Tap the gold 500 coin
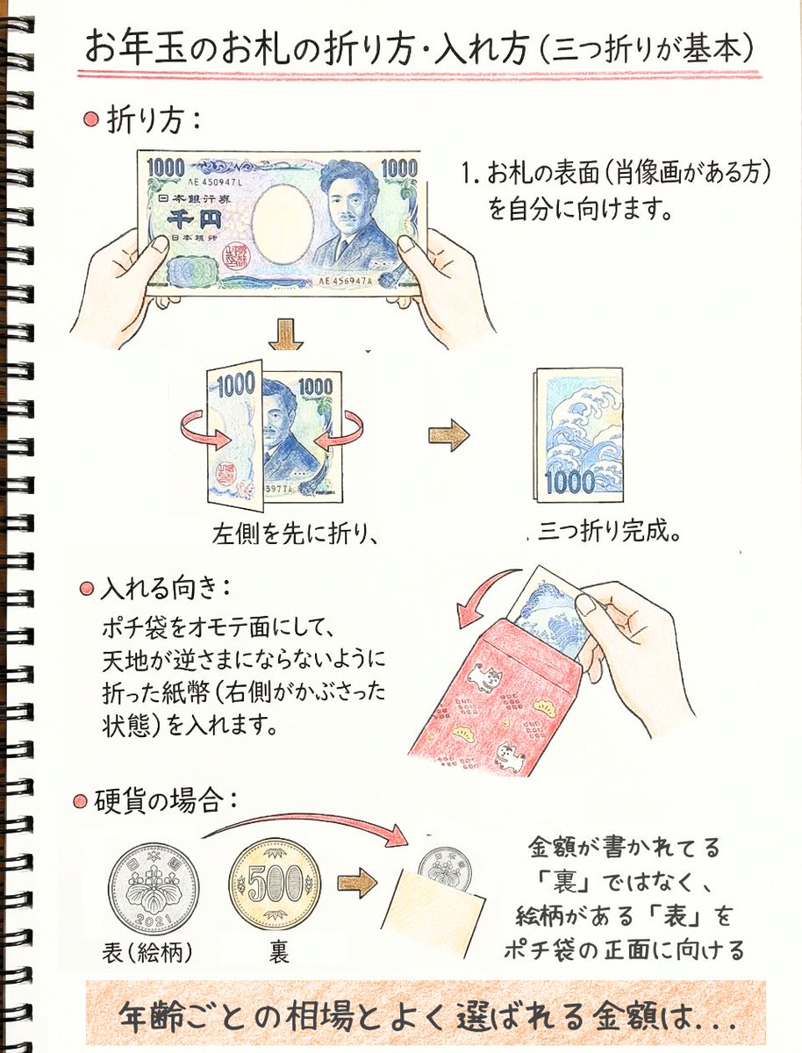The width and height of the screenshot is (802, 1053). [x=275, y=882]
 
